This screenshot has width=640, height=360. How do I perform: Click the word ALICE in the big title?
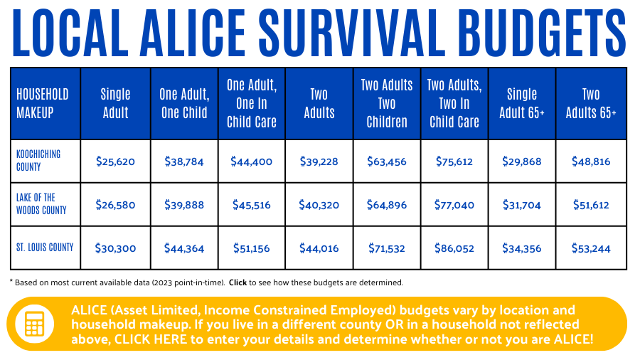coord(193,33)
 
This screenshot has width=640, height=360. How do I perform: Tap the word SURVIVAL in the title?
coord(352,33)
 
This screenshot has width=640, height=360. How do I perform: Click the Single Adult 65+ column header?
coord(522,103)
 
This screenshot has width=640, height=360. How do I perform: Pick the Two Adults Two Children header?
coord(387,103)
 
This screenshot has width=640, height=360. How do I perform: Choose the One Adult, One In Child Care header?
coord(252,103)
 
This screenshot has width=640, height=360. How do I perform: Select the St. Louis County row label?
coord(45,248)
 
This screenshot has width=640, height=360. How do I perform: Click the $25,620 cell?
coord(115,162)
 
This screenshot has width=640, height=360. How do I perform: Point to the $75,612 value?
coord(454,162)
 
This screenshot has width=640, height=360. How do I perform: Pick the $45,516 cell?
coord(252,205)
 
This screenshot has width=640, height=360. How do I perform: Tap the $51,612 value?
coord(591,205)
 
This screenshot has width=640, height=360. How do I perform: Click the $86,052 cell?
coord(454,248)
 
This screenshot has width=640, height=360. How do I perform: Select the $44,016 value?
coord(319,248)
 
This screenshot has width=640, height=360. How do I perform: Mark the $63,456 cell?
coord(387,162)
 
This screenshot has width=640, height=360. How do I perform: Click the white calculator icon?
coord(34,324)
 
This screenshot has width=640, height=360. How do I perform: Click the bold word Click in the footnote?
coord(238,282)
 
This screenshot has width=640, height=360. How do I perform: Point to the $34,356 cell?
coord(522,248)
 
